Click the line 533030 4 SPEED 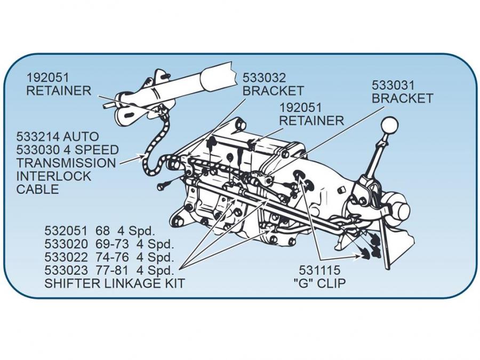pyautogui.click(x=67, y=150)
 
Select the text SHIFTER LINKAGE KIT pyautogui.click(x=115, y=283)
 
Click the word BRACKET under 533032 pyautogui.click(x=273, y=90)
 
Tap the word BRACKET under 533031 pyautogui.click(x=402, y=98)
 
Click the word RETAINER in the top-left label pyautogui.click(x=59, y=90)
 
